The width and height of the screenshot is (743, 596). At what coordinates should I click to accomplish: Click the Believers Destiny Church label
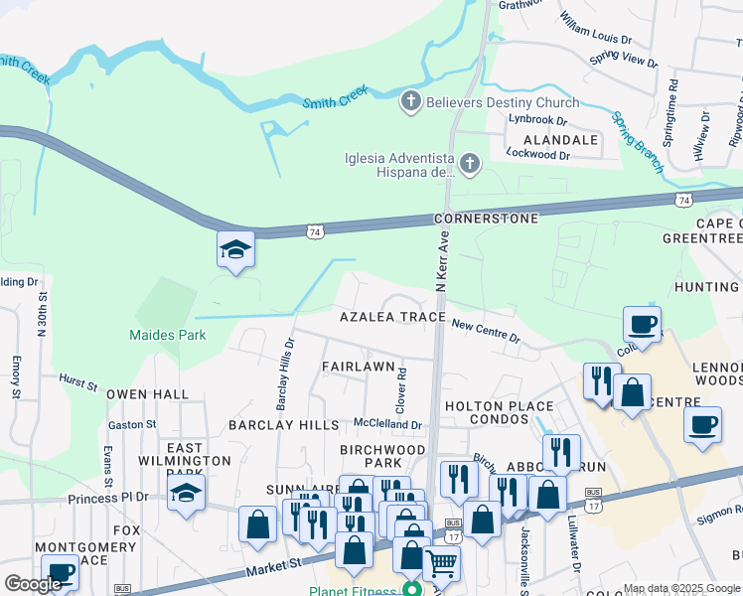coord(502,102)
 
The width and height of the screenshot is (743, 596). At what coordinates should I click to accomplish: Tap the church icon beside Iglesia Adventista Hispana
coord(470,163)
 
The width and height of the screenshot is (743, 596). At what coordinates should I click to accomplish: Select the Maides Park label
coord(168,335)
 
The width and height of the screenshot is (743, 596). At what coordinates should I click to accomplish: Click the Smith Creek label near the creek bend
coord(335,95)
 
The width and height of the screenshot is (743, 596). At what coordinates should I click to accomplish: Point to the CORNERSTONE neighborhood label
coord(487,218)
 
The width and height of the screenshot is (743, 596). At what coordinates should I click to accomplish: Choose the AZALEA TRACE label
coord(392,317)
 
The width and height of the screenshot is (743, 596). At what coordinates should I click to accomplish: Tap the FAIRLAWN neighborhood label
coord(360,366)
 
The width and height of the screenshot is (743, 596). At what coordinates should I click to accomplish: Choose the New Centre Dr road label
coord(486,331)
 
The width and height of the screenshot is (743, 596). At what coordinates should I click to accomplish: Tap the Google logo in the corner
coord(33,584)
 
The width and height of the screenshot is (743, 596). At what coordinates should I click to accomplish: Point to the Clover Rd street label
coord(402,390)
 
